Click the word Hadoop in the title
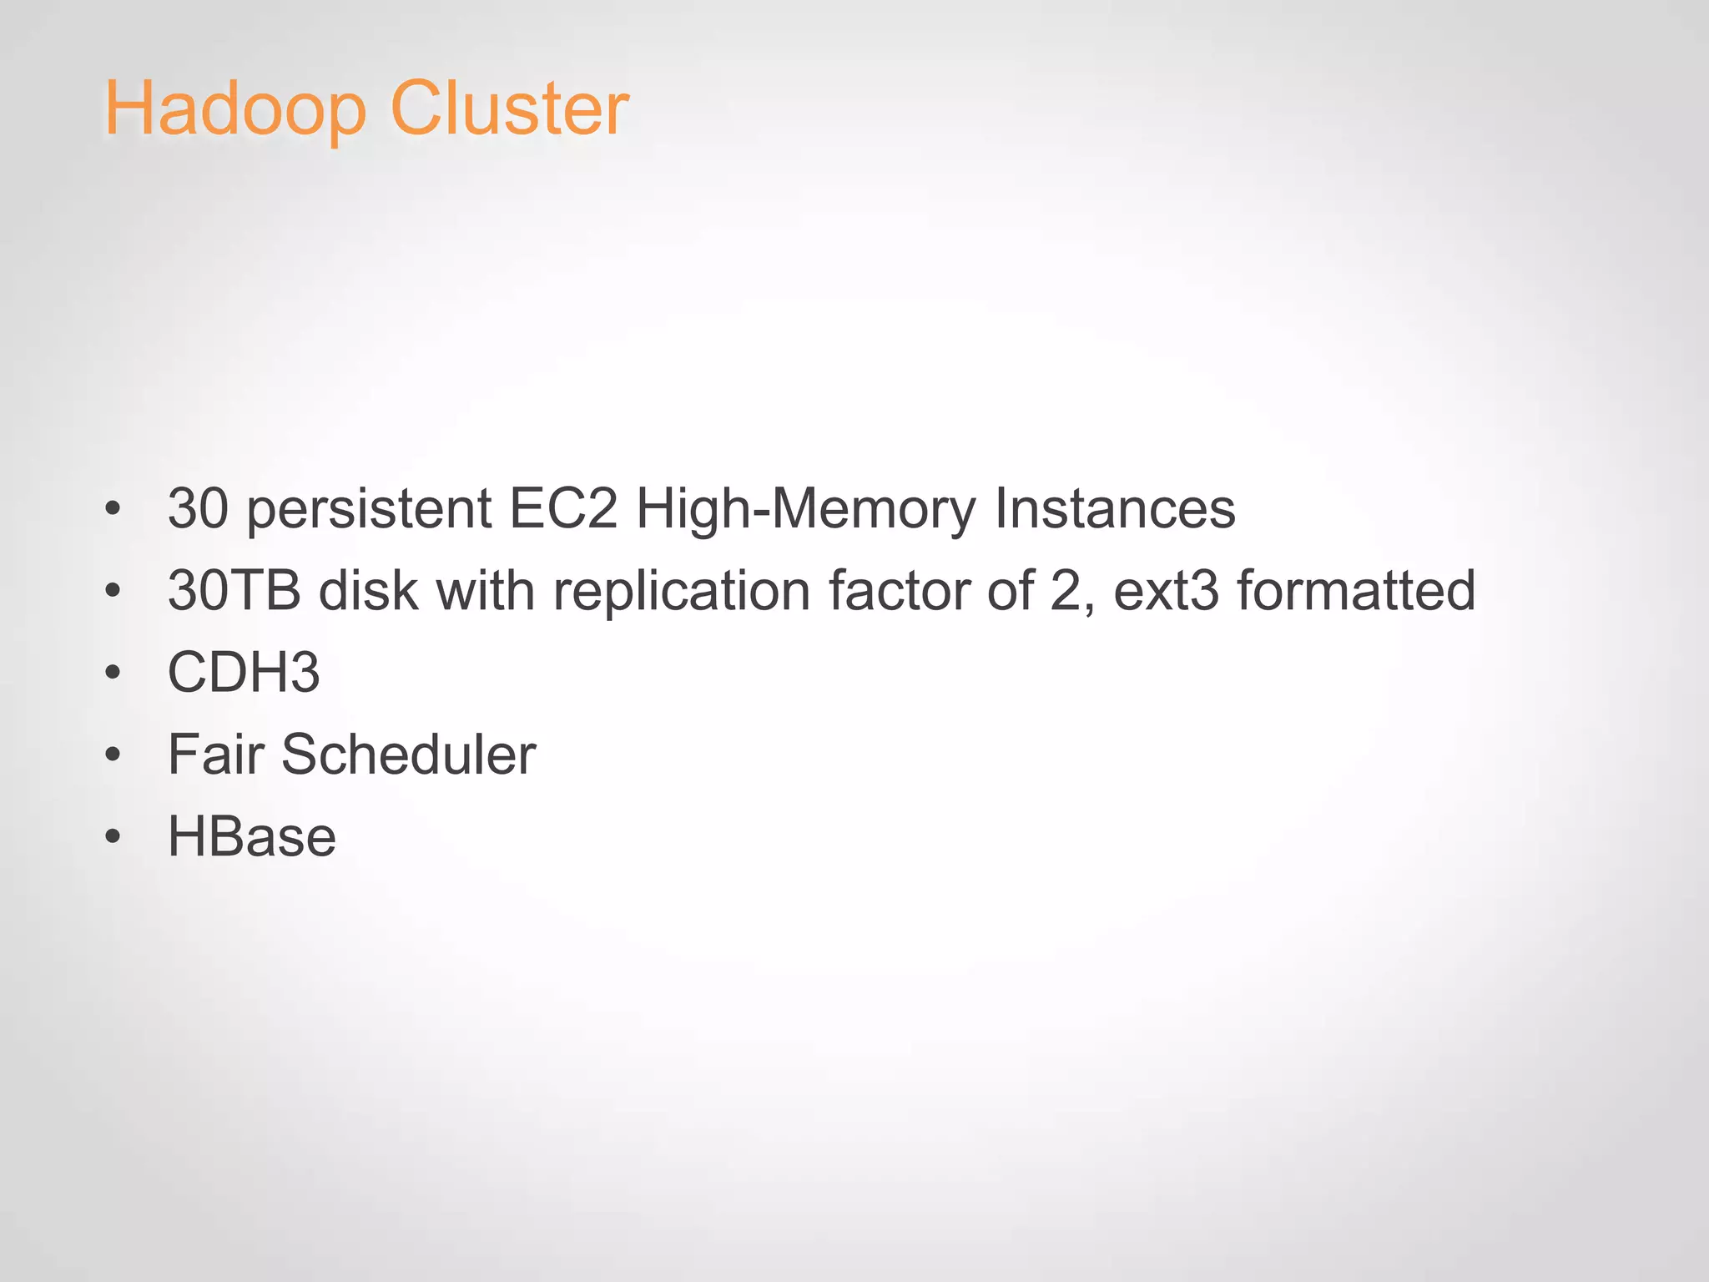pyautogui.click(x=235, y=109)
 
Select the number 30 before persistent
pyautogui.click(x=198, y=508)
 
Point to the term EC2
pyautogui.click(x=563, y=508)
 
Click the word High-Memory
pyautogui.click(x=805, y=510)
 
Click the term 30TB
pyautogui.click(x=234, y=591)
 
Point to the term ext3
pyautogui.click(x=1167, y=591)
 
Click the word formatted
pyautogui.click(x=1356, y=591)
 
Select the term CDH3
pyautogui.click(x=244, y=673)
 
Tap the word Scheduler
pyautogui.click(x=409, y=755)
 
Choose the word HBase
pyautogui.click(x=252, y=836)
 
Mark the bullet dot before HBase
pyautogui.click(x=113, y=837)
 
